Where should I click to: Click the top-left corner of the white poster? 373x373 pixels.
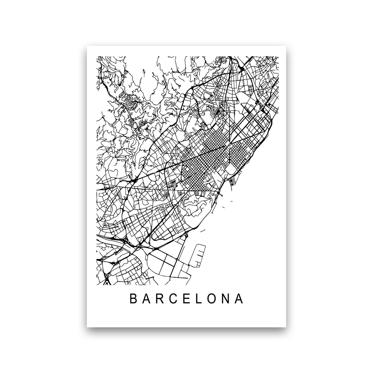(87, 46)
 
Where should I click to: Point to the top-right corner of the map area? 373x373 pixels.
(279, 57)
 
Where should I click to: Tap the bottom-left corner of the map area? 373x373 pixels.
(97, 285)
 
